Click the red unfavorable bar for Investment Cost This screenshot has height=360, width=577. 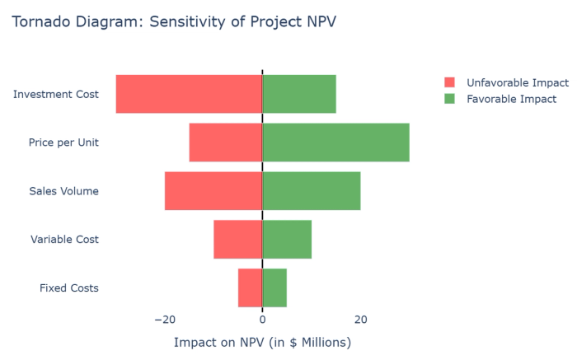tap(189, 94)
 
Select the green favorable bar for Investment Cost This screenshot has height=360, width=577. tap(299, 94)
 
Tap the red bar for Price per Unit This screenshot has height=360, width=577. tap(226, 143)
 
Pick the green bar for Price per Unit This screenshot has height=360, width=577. tap(336, 143)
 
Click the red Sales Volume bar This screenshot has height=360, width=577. tap(213, 191)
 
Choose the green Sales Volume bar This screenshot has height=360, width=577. tap(312, 191)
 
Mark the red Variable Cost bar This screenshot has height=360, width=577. tap(238, 240)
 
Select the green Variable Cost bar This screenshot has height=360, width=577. tap(287, 240)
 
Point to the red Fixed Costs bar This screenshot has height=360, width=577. tap(251, 288)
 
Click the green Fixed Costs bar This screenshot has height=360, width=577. tap(274, 288)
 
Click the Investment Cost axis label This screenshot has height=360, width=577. tap(56, 94)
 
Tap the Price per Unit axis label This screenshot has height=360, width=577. tap(63, 143)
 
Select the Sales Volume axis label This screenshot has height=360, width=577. tap(63, 191)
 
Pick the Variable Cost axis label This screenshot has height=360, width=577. tap(64, 240)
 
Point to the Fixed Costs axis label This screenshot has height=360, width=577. tap(69, 288)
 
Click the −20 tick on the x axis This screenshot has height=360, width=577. tap(164, 320)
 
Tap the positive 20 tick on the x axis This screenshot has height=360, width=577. tap(360, 320)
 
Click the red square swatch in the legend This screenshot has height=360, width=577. tap(449, 82)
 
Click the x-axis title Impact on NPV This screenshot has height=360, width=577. tap(262, 342)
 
